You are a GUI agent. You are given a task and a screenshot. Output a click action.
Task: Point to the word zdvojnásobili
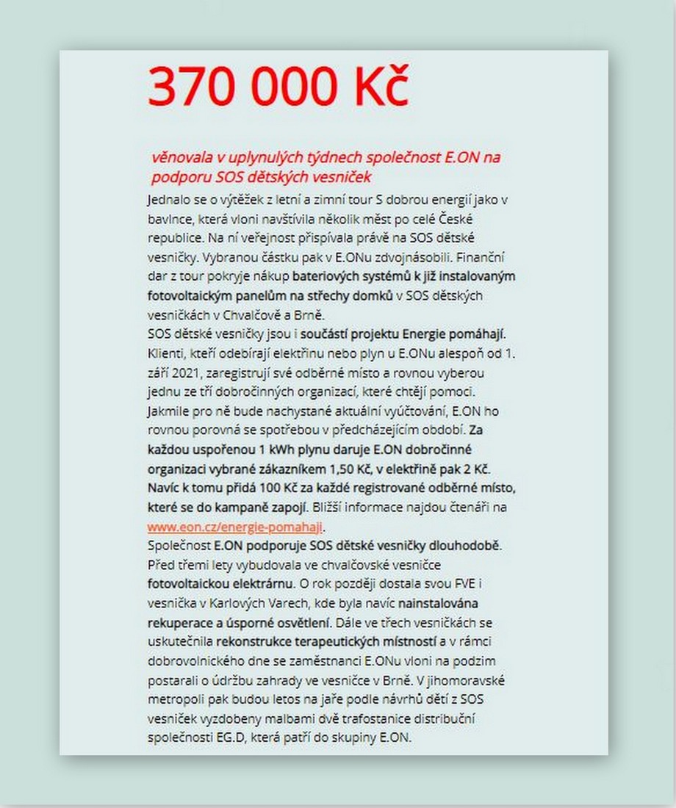(410, 258)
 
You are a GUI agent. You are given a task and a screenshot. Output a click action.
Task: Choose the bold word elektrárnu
(251, 585)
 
